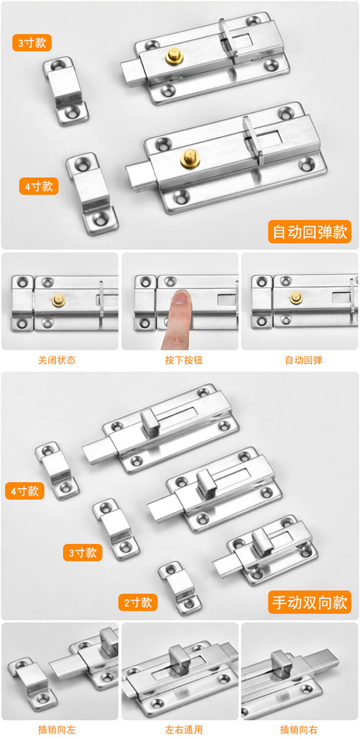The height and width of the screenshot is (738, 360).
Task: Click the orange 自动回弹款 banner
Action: point(309,232)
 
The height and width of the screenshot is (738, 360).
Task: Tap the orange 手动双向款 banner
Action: point(309,602)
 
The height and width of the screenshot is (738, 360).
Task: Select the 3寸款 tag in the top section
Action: point(32,43)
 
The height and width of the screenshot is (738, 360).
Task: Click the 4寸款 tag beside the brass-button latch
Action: point(39,186)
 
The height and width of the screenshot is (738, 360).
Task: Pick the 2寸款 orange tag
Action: point(138,603)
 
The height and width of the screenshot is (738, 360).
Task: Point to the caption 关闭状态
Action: point(57,360)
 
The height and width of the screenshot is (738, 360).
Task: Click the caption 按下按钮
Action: point(184,360)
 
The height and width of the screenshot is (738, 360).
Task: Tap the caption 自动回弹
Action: point(303,360)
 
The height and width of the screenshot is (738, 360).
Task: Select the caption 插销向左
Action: point(57,730)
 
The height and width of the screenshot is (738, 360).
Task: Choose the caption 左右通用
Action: point(184,730)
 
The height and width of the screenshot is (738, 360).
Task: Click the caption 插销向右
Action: point(299,730)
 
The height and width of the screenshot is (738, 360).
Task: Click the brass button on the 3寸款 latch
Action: point(174,56)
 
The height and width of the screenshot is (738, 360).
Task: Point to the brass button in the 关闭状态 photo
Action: point(59,299)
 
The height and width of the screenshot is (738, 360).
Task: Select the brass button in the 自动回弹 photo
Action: point(296,298)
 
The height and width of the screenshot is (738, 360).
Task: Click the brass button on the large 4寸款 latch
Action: point(189,157)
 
